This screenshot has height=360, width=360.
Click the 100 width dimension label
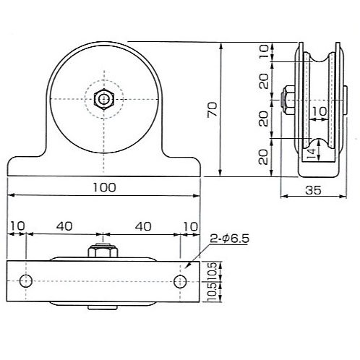[104, 187]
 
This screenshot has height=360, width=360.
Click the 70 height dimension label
[213, 109]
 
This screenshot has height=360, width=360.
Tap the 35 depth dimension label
[313, 190]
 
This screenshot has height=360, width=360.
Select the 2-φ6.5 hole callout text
[230, 239]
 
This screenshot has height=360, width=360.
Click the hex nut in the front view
[104, 99]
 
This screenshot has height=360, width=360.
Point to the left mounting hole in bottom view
[26, 281]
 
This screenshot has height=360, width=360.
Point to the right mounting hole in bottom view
[180, 281]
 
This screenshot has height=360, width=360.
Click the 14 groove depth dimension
[311, 153]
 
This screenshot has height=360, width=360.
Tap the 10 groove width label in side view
[320, 111]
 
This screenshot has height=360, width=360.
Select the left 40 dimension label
[64, 226]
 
